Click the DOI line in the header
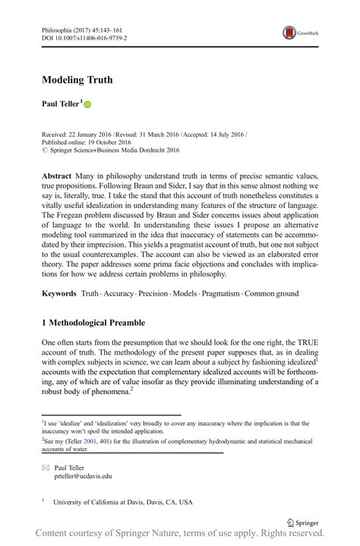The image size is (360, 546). [84, 36]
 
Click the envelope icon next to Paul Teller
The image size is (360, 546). [44, 467]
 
